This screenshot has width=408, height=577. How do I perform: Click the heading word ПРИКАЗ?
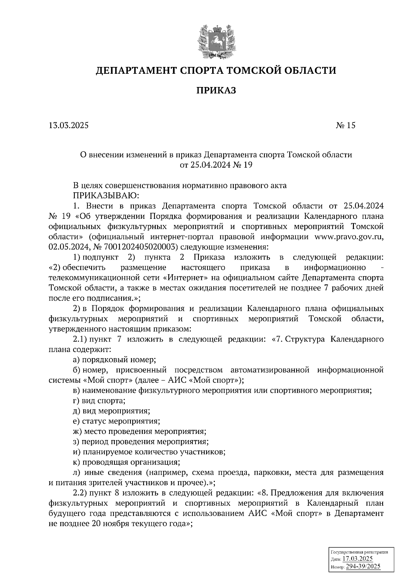coord(216,90)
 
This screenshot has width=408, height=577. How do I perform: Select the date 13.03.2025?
coord(68,125)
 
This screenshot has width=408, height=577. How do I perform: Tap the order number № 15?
coord(345,125)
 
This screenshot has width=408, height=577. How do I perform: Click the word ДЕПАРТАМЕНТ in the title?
coord(135,70)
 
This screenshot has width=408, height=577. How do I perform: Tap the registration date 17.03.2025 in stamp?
coord(357,559)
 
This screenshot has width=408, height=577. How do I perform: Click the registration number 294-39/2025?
coord(363,566)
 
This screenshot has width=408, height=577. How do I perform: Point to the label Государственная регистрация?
coord(359,552)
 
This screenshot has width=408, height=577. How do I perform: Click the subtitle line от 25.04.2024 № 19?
coord(216,165)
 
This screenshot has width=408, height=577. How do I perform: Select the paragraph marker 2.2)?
coord(80,493)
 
